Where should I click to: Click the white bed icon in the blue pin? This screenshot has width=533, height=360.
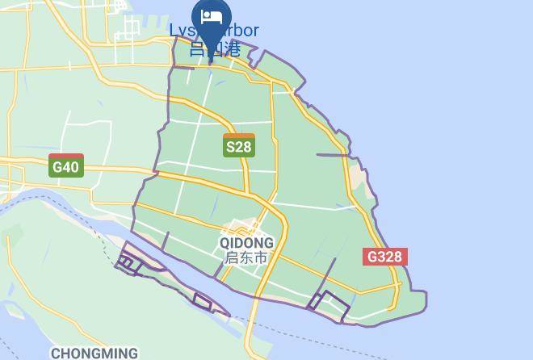(212, 16)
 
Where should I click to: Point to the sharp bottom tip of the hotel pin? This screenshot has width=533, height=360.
(212, 50)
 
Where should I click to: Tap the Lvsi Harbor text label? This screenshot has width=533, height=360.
(214, 31)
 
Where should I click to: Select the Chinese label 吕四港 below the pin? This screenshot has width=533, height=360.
(215, 48)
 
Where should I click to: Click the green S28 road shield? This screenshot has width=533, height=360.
(238, 146)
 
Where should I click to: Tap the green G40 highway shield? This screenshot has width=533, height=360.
(65, 166)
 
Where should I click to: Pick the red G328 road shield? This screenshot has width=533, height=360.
(384, 257)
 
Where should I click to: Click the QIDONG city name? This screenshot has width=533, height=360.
(246, 242)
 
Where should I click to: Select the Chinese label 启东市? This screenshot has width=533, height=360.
(246, 257)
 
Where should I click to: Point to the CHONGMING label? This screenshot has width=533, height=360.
(94, 353)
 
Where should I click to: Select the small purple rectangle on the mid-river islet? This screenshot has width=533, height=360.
(203, 301)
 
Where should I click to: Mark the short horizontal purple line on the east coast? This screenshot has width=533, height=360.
(332, 155)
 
